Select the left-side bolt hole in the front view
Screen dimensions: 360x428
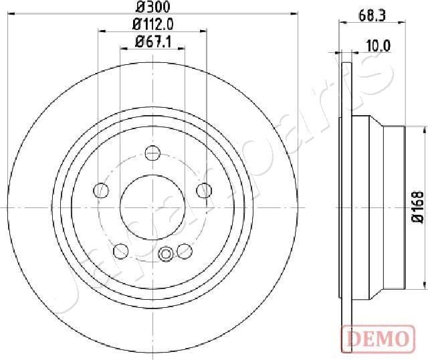[x=102, y=191]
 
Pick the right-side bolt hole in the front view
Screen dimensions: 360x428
[x=202, y=191]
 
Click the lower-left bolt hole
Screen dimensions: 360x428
[x=121, y=251]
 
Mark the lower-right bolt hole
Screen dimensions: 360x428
[x=184, y=251]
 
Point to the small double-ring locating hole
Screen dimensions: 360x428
[x=166, y=253]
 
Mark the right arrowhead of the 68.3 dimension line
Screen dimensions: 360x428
[x=404, y=23]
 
